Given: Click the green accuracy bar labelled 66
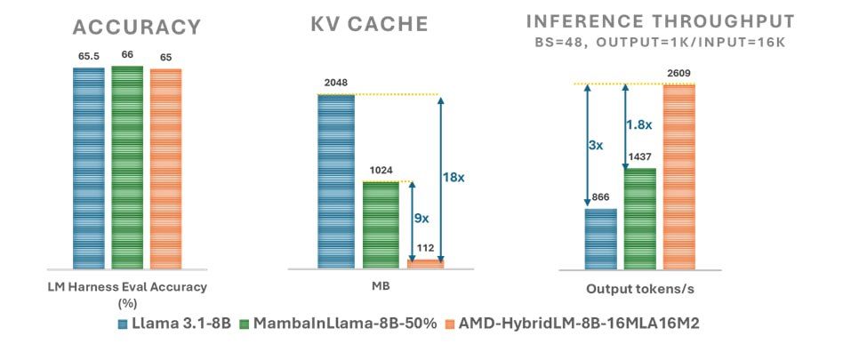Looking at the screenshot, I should [x=127, y=165].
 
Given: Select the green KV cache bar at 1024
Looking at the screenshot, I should [x=381, y=224].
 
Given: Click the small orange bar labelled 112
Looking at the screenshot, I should [x=425, y=263].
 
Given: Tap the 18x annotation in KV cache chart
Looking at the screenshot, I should [x=454, y=178].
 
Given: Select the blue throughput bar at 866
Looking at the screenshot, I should [x=601, y=237].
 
